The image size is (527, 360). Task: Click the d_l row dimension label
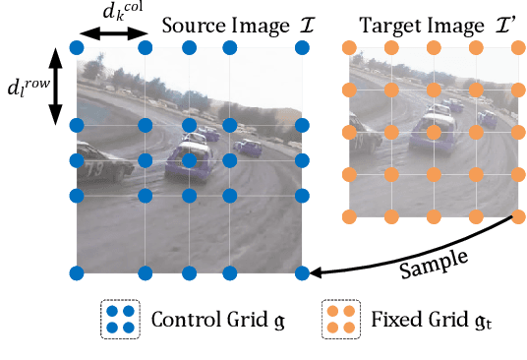click(x=27, y=87)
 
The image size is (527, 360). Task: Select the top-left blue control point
click(x=77, y=47)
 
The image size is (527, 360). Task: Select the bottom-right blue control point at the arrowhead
click(x=302, y=272)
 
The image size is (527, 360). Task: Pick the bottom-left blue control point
click(x=77, y=272)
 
